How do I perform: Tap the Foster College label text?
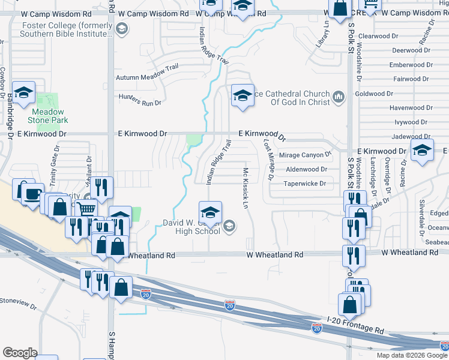coord(66,29)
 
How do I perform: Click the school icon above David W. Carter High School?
coord(210,212)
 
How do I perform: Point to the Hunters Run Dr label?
coord(140,100)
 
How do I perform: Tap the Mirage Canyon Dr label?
coord(306,155)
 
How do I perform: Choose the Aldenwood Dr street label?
coord(306,170)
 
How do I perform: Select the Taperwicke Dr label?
coord(304,184)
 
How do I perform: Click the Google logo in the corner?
coord(20,352)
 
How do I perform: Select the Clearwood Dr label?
coord(378,36)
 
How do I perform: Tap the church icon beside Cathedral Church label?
coord(338,97)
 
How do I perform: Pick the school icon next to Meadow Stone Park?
coord(24,92)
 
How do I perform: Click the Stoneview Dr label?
coord(18,303)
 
